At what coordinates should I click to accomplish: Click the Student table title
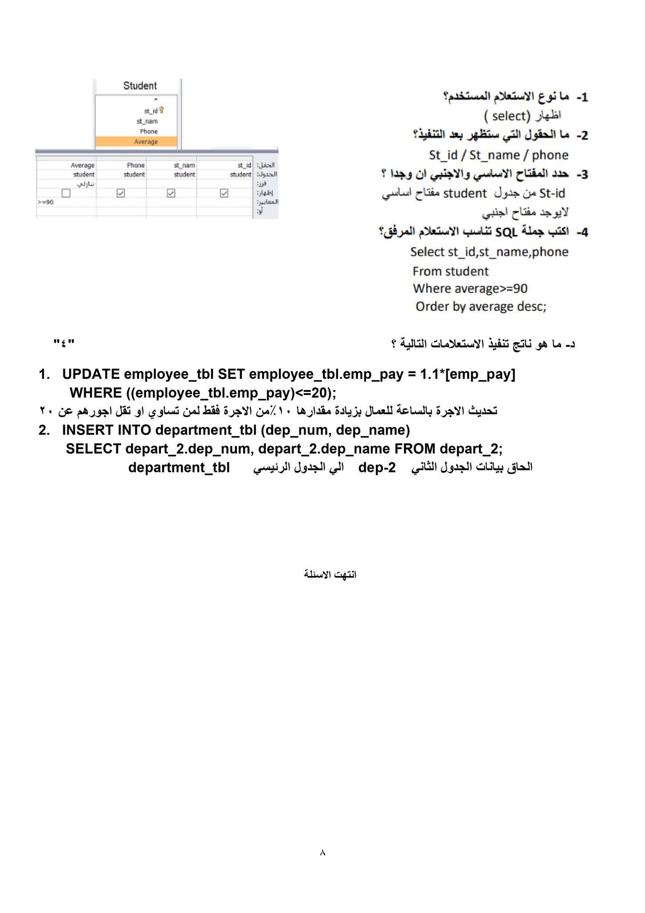(140, 86)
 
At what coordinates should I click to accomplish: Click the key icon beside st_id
(161, 110)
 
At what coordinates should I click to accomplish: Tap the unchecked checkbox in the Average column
(66, 193)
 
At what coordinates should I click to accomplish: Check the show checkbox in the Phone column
(121, 193)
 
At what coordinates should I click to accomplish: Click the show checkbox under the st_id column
(224, 193)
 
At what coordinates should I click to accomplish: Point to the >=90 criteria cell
(46, 202)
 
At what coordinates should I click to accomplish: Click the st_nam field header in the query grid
(184, 165)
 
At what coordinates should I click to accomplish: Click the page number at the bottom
(322, 852)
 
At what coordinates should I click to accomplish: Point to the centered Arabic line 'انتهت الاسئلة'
(330, 574)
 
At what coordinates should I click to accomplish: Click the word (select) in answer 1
(507, 116)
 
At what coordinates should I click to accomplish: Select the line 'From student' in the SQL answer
(450, 271)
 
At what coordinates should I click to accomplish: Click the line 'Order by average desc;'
(481, 307)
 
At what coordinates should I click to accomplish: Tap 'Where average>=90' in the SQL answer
(470, 288)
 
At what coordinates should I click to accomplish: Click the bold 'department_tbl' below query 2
(179, 468)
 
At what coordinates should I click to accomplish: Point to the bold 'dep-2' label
(377, 468)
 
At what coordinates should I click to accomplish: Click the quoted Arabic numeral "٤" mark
(64, 344)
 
